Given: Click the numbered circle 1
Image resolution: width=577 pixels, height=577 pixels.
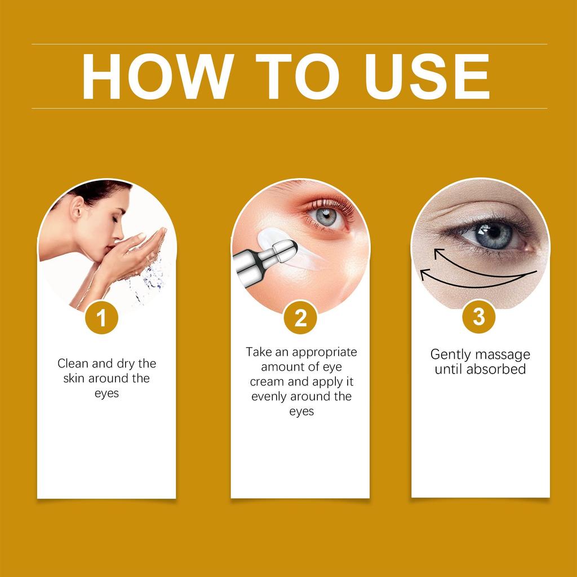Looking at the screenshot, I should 101,318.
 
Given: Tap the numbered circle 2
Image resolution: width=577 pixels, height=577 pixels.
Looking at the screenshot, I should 300,318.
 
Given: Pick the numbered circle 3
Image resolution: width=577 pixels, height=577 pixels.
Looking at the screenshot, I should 478,317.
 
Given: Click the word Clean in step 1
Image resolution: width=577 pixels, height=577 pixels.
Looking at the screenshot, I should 73,363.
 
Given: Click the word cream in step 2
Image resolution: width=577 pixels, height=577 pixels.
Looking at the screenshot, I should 268,381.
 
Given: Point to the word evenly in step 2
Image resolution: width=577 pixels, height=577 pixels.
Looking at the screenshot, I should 269,396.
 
